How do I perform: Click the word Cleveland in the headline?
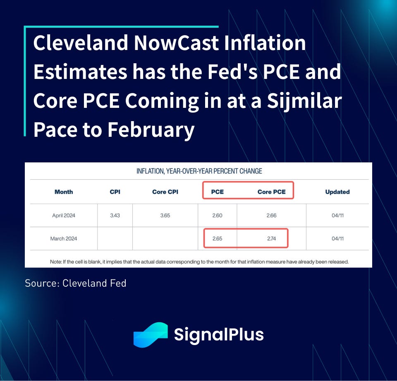point(81,43)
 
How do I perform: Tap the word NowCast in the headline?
point(176,43)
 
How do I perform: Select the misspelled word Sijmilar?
point(304,101)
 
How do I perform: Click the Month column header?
point(64,192)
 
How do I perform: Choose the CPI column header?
point(115,192)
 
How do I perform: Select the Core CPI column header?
point(165,192)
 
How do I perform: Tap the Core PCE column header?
point(271,192)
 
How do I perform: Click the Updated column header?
point(337,192)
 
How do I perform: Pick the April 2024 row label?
point(64,216)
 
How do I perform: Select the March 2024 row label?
point(64,238)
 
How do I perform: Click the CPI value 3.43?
point(115,216)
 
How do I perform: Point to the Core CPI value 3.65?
point(165,216)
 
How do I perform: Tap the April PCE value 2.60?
point(217,216)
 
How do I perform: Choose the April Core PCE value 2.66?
point(271,216)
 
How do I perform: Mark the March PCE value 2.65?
point(217,238)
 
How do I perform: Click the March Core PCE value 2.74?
point(271,238)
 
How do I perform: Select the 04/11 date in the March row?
point(337,238)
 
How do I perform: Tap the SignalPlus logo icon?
point(151,335)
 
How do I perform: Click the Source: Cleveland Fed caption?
point(75,283)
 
